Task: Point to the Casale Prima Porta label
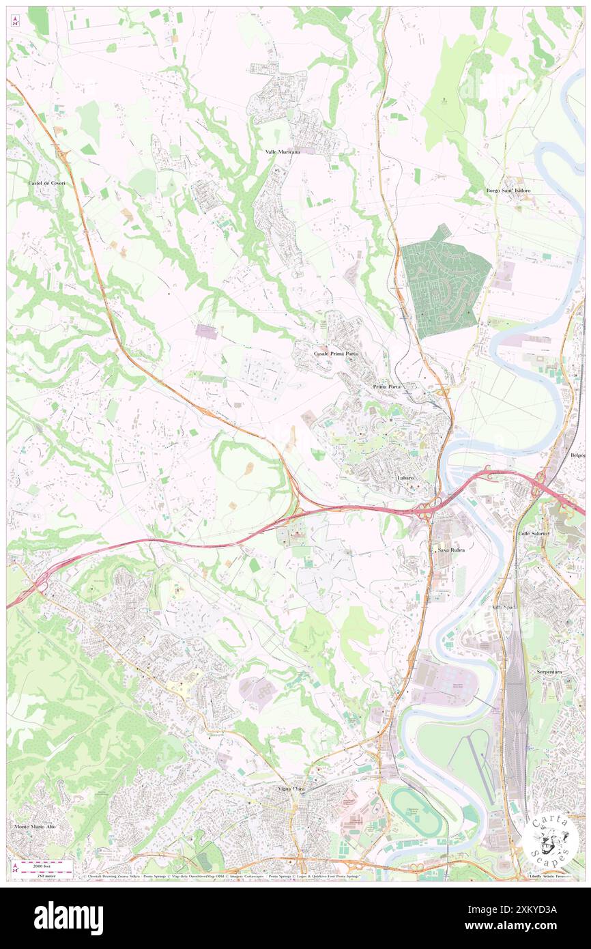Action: [x=335, y=354]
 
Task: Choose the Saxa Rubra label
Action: [x=450, y=549]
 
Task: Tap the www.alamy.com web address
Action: [x=524, y=926]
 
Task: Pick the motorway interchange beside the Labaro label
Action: [x=429, y=509]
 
